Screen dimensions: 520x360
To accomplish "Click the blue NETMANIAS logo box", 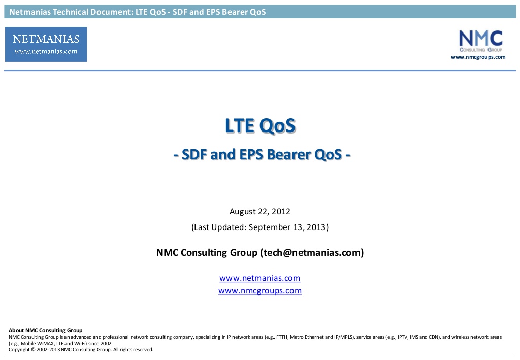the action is [x=46, y=44].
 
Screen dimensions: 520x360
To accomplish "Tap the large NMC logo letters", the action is [x=481, y=39].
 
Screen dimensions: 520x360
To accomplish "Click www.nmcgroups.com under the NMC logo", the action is [x=478, y=57].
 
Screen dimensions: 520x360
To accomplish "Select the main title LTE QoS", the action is [x=261, y=125].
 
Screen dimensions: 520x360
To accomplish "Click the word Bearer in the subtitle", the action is [x=288, y=155].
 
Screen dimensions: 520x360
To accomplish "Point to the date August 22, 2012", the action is [x=260, y=212].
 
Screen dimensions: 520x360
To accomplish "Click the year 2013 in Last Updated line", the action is [x=316, y=227].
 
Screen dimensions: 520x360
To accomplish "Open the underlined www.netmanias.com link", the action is [x=259, y=278].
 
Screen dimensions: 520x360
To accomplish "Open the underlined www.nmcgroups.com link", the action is [x=260, y=291].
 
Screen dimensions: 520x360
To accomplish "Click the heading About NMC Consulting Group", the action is [x=45, y=330].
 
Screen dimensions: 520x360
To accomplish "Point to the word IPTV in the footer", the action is [x=403, y=337].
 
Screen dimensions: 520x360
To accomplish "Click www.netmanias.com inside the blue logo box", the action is [x=46, y=51].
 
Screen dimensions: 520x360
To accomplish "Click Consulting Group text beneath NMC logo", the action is [x=481, y=50].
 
